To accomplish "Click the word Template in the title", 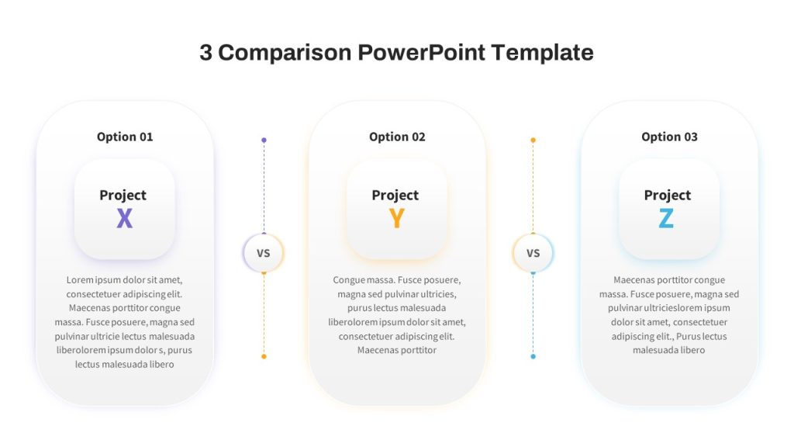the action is coord(542,53).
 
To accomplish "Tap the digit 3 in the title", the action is coord(205,53).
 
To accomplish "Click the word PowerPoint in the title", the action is coord(421,52).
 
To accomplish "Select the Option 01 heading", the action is coord(125,137).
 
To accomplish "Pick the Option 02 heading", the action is coord(397,137).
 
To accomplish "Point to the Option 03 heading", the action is coord(669,137).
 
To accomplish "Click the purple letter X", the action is coord(125,218).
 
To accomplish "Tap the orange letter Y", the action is coord(396,218).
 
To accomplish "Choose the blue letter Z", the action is coord(666,218).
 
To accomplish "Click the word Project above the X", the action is coord(123,195).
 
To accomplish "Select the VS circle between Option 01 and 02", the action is coord(264,253).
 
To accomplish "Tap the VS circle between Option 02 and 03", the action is coord(533,253).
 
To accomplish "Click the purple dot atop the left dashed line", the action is coord(264,140).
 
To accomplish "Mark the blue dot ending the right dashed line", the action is coord(533,357).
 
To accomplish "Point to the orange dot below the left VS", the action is coord(264,357).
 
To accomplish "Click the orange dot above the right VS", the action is coord(533,140).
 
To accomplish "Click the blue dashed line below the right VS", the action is coord(533,315).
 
